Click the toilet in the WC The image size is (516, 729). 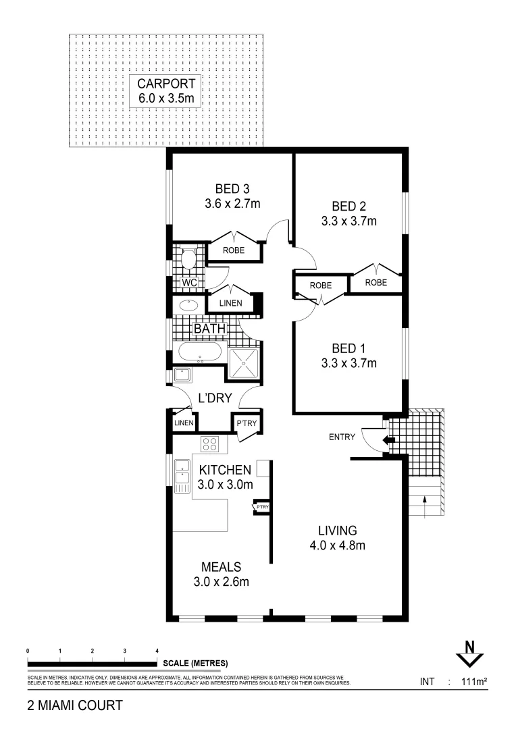[x=188, y=258]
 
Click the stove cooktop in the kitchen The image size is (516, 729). [x=209, y=444]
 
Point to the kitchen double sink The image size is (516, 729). [x=182, y=474]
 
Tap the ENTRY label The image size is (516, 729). [x=342, y=437]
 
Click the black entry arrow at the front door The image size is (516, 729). [x=388, y=440]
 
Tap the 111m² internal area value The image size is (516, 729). [x=473, y=682]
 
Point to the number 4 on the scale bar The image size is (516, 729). [x=157, y=650]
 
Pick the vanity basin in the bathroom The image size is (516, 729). [x=189, y=304]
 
